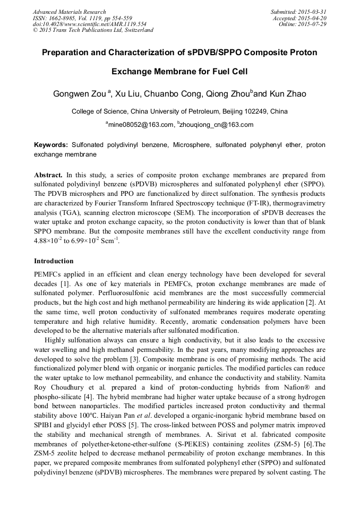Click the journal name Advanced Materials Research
coord(69,12)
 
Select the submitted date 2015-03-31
coord(312,12)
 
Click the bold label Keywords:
coord(51,145)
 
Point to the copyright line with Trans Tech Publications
coord(93,30)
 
